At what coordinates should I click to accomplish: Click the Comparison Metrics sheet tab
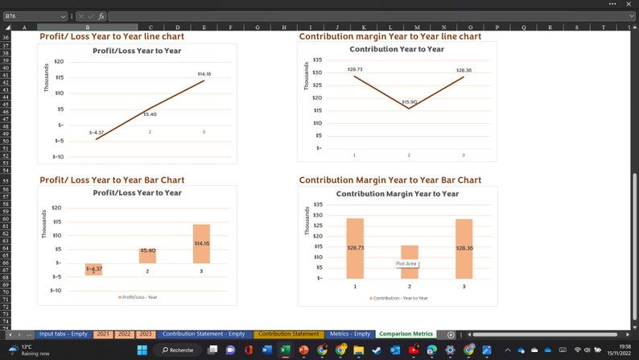[x=406, y=334]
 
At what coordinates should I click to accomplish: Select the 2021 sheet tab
[x=103, y=334]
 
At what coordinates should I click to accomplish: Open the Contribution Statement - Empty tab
[x=203, y=334]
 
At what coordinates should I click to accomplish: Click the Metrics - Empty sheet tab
[x=349, y=334]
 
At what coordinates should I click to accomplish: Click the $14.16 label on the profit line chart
[x=204, y=74]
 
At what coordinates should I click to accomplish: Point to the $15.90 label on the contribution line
[x=409, y=102]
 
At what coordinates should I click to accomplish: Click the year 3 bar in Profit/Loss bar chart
[x=201, y=243]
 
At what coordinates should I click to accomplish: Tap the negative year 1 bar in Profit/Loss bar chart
[x=94, y=269]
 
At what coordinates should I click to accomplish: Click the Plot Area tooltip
[x=406, y=263]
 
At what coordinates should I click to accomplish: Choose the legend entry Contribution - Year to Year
[x=399, y=298]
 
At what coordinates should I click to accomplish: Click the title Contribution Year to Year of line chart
[x=396, y=49]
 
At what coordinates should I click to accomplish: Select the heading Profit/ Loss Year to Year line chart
[x=112, y=36]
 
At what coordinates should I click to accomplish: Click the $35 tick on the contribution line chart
[x=317, y=60]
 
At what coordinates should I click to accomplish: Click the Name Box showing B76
[x=32, y=16]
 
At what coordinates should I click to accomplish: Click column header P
[x=497, y=27]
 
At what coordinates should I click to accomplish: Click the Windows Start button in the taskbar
[x=142, y=350]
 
